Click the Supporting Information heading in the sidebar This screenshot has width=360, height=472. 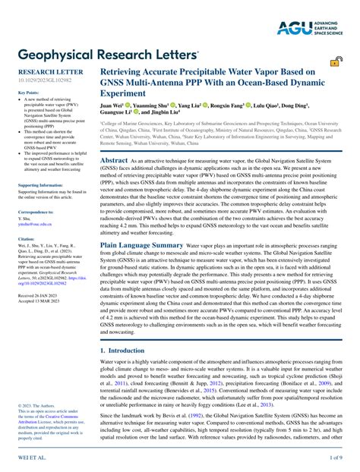click(41, 185)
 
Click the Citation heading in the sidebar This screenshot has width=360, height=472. click(26, 238)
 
